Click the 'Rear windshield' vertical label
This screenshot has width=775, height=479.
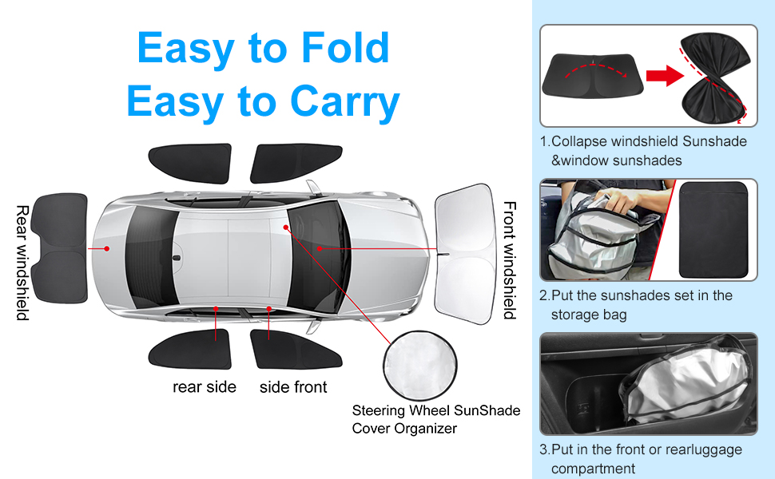[x=22, y=263]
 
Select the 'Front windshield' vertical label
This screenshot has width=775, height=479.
[x=508, y=260]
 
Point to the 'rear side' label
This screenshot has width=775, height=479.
[x=205, y=387]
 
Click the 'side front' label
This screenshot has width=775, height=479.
[x=293, y=387]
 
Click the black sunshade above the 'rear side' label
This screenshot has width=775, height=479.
[x=189, y=350]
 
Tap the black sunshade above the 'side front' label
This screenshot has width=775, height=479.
[x=285, y=350]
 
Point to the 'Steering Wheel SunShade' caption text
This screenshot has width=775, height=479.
[x=436, y=410]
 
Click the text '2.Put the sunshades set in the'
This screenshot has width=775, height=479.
[x=636, y=295]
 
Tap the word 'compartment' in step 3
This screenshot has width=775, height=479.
[x=593, y=469]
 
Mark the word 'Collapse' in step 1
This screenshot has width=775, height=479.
[x=579, y=141]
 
